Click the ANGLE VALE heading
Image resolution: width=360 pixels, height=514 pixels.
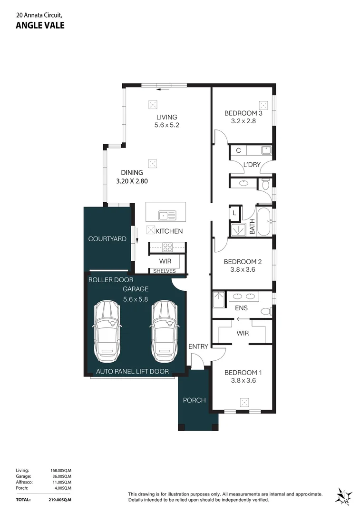click(x=40, y=25)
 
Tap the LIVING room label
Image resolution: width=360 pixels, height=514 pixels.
click(x=167, y=117)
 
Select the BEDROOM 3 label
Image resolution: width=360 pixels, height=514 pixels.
click(x=243, y=113)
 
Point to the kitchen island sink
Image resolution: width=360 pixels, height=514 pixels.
click(x=167, y=216)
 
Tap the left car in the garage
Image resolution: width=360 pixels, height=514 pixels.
click(x=107, y=332)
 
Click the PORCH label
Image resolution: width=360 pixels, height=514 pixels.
click(x=194, y=400)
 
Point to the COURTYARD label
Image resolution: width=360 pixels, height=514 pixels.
click(x=107, y=239)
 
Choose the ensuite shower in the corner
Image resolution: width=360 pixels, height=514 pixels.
click(x=218, y=300)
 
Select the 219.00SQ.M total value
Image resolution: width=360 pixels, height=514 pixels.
click(x=59, y=500)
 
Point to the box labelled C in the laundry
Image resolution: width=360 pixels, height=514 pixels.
click(x=238, y=150)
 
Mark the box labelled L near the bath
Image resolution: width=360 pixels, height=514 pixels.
click(x=234, y=213)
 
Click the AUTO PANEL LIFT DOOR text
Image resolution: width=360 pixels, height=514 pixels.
click(x=132, y=371)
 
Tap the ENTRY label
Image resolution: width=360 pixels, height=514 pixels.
click(x=198, y=346)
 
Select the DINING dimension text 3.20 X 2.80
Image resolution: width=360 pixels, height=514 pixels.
click(x=132, y=181)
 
